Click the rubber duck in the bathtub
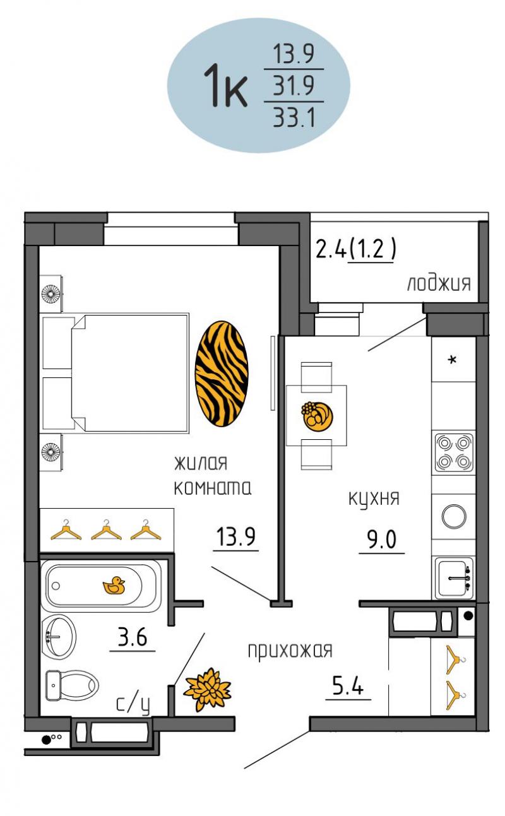114,586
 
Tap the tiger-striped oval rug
222,374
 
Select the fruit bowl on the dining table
317,417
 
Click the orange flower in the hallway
207,689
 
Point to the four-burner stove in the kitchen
454,452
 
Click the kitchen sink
454,577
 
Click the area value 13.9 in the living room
235,536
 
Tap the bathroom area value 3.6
133,637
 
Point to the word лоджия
439,283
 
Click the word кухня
374,499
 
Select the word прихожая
290,651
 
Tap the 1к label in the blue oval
225,86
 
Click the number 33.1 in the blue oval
294,117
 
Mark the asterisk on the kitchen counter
452,360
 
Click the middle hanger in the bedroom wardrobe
106,530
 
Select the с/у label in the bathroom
133,704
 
